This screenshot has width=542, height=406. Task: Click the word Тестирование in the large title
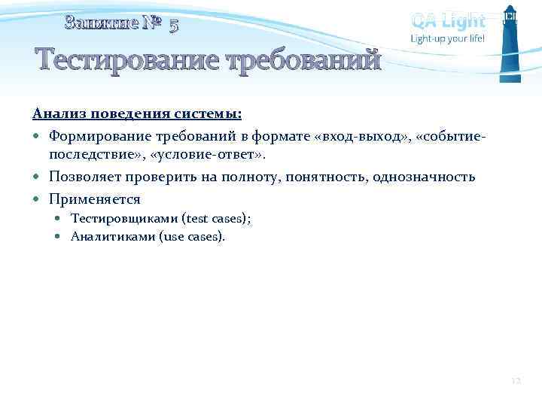click(x=121, y=59)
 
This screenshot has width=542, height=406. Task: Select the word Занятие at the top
click(x=102, y=23)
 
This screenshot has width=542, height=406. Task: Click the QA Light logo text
click(x=448, y=20)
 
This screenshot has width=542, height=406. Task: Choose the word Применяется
click(x=94, y=200)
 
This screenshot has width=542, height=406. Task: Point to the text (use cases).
click(x=193, y=236)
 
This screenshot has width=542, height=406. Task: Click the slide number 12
click(x=514, y=381)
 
